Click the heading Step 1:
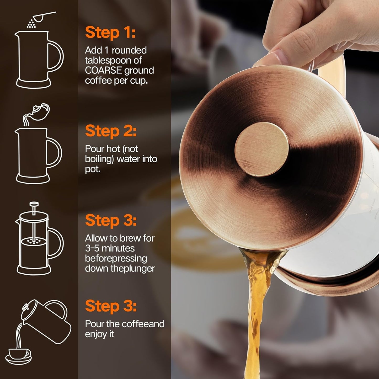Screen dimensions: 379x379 click(110, 33)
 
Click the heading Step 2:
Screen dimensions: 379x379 click(111, 131)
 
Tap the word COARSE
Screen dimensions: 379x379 click(103, 71)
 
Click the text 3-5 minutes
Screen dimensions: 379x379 click(110, 248)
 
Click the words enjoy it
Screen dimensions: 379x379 click(99, 334)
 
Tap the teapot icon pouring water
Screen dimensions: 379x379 click(39, 112)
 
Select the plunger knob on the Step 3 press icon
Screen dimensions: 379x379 click(34, 204)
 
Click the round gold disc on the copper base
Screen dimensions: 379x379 click(261, 149)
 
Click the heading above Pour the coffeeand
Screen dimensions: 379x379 click(111, 306)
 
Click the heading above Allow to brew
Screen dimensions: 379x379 click(111, 220)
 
